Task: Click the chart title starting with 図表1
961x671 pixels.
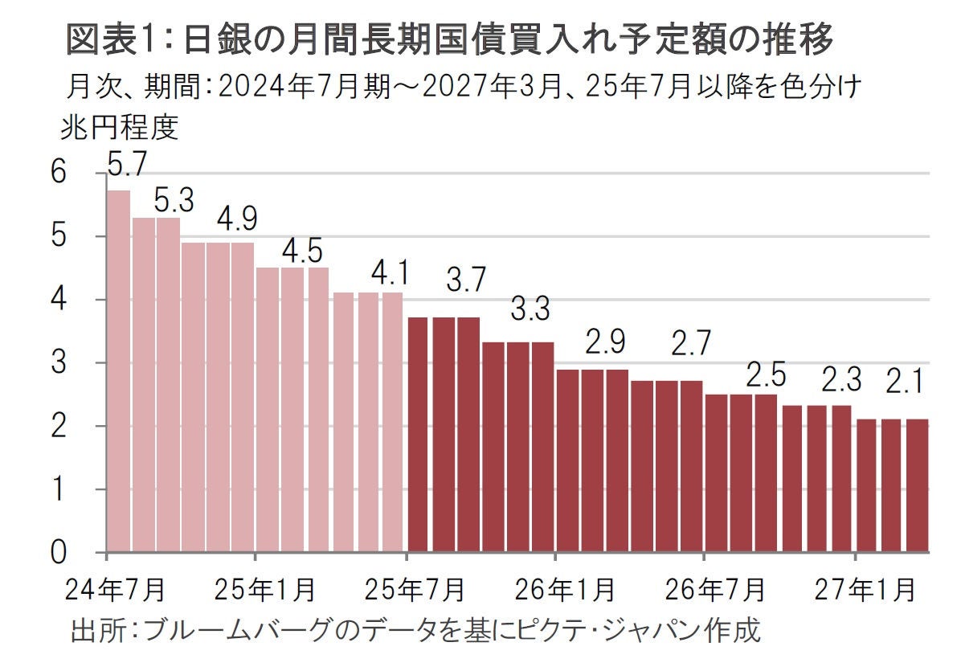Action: tap(449, 40)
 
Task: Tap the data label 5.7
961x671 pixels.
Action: tap(127, 165)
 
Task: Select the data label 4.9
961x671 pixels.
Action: tap(239, 219)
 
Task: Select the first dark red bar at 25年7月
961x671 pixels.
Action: tap(419, 434)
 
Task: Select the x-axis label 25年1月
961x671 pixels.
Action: tap(264, 590)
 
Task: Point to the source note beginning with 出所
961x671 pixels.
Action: tap(415, 629)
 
